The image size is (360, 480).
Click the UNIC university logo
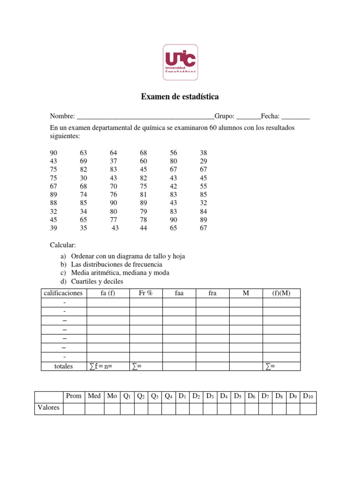(180, 62)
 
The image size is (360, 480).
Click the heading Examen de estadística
(180, 97)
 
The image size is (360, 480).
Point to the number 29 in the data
(203, 161)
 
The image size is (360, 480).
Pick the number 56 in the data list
(173, 153)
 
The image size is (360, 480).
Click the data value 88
(54, 203)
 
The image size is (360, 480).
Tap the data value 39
(54, 228)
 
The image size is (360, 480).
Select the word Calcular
(63, 245)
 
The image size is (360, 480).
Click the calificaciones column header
(63, 293)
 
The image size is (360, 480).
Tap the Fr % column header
(146, 293)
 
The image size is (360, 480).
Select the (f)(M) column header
(281, 293)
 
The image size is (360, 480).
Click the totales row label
(63, 366)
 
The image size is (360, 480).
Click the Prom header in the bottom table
(74, 396)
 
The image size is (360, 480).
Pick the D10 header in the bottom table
(308, 397)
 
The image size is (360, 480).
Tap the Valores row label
(48, 408)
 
